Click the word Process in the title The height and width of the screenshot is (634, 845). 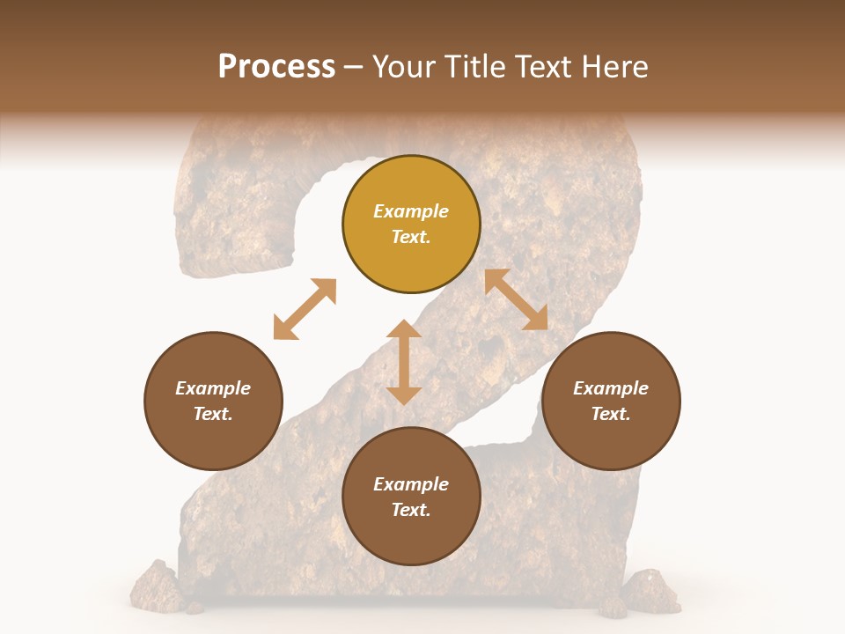click(x=276, y=67)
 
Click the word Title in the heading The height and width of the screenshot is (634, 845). click(x=474, y=67)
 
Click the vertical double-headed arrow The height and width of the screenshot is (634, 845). click(x=404, y=362)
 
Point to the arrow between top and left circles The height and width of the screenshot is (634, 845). click(x=305, y=309)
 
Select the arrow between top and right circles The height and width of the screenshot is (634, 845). click(x=517, y=299)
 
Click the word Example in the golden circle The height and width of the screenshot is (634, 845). click(x=411, y=211)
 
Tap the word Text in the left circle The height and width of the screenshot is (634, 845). click(x=213, y=414)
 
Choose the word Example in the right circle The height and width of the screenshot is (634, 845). click(x=611, y=388)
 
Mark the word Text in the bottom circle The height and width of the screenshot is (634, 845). click(x=411, y=510)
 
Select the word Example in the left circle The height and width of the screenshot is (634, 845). click(x=213, y=388)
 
